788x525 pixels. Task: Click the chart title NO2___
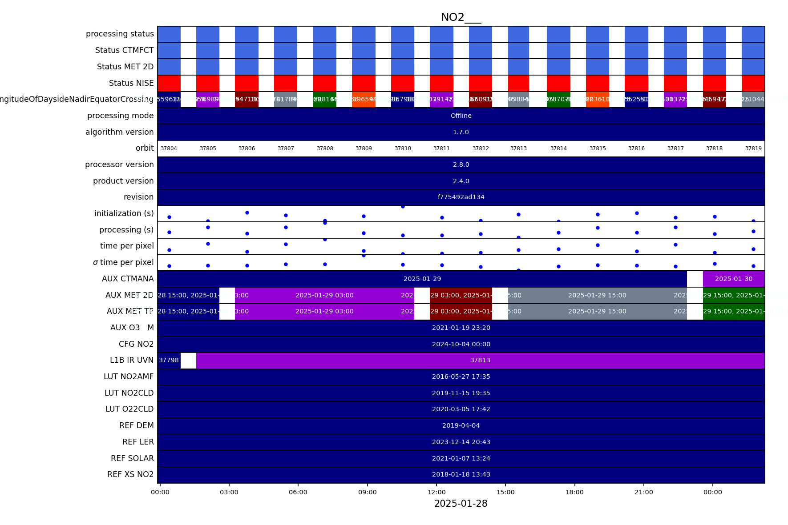click(461, 17)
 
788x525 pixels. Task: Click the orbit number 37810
click(403, 148)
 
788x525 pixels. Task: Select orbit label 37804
click(169, 148)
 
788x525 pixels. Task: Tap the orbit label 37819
click(753, 148)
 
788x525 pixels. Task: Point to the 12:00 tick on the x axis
click(436, 492)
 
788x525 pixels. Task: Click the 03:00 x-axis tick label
click(229, 492)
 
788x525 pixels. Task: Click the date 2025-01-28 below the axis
click(461, 504)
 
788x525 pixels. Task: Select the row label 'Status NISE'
click(131, 83)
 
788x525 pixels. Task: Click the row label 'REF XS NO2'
click(130, 474)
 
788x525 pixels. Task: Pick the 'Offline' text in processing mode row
click(461, 116)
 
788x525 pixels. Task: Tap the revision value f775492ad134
click(461, 197)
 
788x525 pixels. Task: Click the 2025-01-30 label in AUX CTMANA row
click(734, 279)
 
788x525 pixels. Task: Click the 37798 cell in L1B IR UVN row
click(169, 360)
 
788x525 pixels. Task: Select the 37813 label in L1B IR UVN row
click(480, 360)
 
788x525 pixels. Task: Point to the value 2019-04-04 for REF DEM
click(461, 425)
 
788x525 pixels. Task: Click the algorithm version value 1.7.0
click(461, 132)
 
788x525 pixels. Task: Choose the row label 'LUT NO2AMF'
click(129, 377)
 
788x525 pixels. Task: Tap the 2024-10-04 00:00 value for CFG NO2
click(461, 344)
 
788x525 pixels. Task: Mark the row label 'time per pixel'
click(127, 246)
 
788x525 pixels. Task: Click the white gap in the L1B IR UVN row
click(188, 360)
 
